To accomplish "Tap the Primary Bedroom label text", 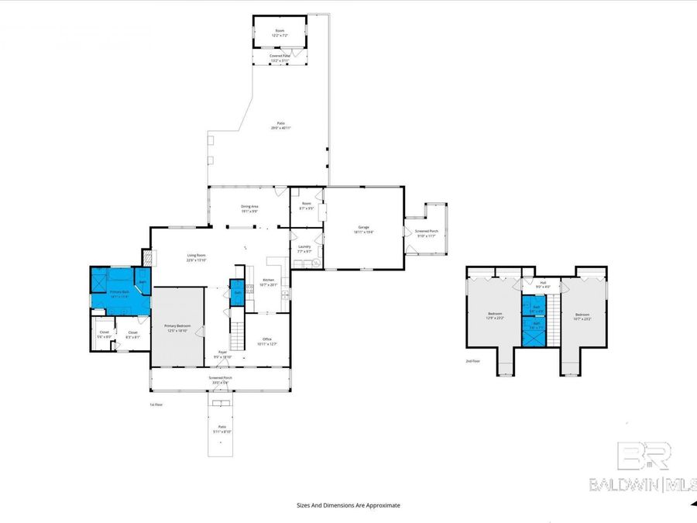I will (x=177, y=328).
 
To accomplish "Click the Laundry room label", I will (x=304, y=249).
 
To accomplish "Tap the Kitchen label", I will (x=269, y=281).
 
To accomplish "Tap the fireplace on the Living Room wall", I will (x=146, y=257).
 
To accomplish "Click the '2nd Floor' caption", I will (x=473, y=361).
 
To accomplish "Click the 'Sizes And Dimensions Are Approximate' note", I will (x=348, y=505).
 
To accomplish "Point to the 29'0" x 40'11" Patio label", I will (x=280, y=126).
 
